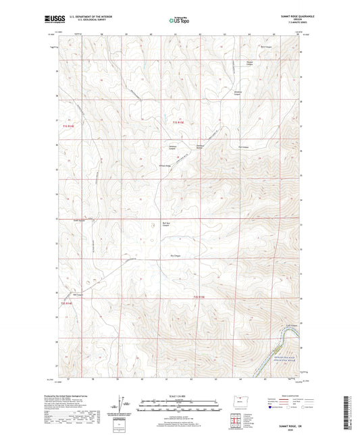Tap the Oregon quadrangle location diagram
click(x=238, y=408)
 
